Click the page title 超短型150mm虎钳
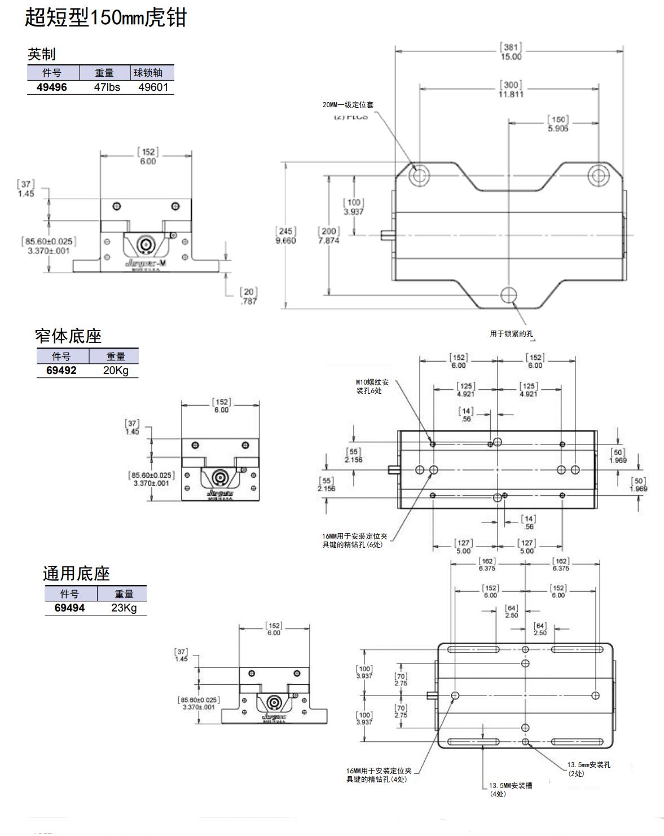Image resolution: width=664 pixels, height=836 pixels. click(105, 17)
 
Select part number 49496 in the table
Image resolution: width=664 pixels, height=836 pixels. click(51, 87)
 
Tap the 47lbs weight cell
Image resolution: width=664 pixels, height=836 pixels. click(107, 87)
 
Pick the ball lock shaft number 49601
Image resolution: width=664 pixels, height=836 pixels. click(153, 87)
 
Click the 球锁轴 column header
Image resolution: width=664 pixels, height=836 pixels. click(148, 73)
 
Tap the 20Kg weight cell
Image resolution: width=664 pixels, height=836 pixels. click(116, 371)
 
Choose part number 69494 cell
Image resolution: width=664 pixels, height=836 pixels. click(69, 608)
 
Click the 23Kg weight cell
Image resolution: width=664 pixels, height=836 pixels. click(124, 608)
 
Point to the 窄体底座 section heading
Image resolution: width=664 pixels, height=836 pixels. click(68, 336)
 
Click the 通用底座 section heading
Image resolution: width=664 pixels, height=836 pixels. click(76, 574)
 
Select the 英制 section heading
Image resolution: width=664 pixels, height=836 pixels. click(42, 54)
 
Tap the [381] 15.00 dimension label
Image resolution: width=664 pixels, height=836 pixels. click(511, 52)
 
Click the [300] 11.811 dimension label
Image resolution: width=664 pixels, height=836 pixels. click(511, 90)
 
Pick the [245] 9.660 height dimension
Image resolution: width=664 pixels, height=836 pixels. click(285, 236)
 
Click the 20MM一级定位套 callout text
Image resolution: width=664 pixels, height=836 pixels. click(348, 105)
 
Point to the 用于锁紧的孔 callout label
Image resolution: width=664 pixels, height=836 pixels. click(511, 334)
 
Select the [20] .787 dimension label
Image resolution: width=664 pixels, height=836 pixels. click(248, 296)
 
